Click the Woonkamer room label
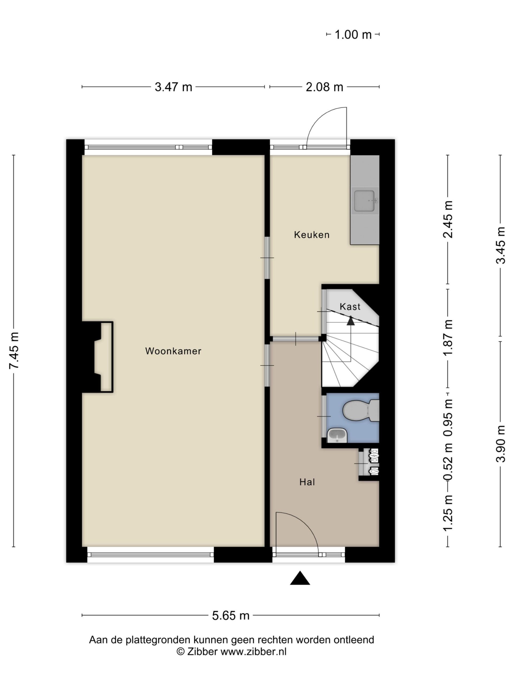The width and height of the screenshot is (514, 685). (173, 351)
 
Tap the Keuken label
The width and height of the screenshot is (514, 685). (312, 235)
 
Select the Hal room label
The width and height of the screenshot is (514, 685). (307, 482)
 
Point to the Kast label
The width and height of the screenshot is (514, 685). (350, 307)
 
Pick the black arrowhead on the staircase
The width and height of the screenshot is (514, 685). (350, 321)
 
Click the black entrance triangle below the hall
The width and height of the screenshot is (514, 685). (300, 578)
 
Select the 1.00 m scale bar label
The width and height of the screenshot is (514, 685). (353, 34)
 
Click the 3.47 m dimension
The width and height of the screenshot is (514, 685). (173, 87)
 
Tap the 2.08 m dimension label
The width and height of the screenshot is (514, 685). (324, 87)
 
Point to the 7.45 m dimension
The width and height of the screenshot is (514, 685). (14, 350)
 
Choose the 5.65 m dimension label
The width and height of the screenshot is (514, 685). (230, 615)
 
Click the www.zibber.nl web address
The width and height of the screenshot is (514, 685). (253, 652)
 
